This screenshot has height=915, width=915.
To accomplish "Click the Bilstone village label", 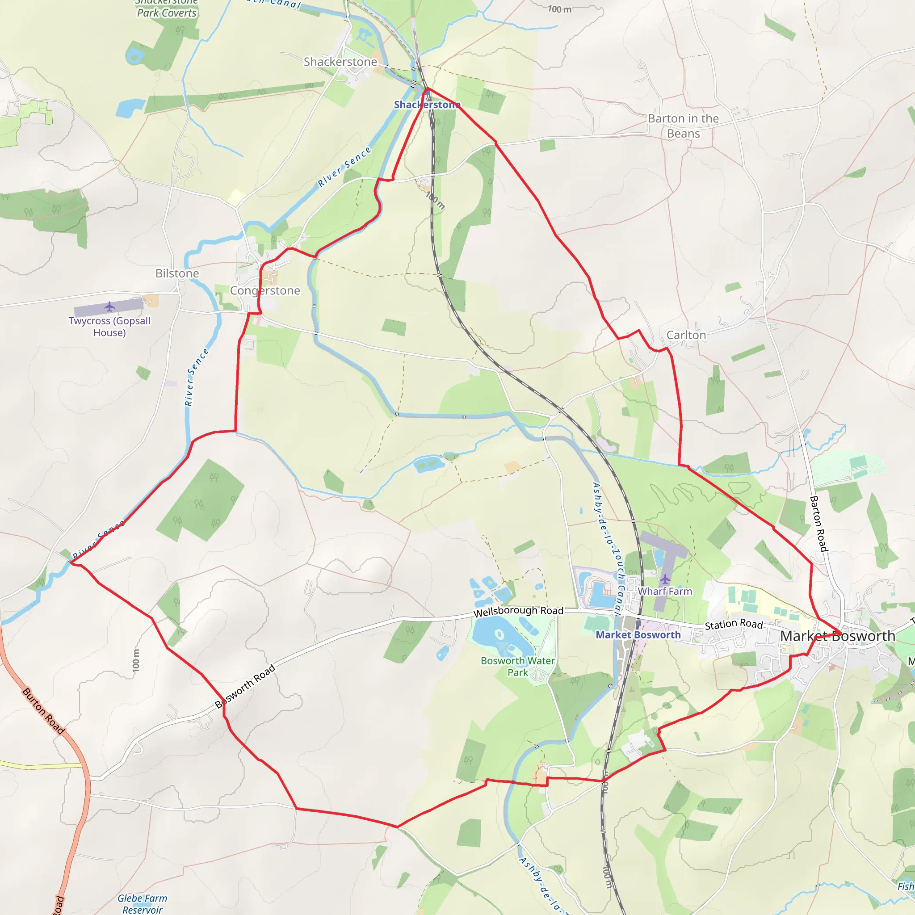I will [177, 273].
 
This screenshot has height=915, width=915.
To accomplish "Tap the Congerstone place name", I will [265, 290].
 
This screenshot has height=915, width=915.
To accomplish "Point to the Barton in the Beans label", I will [683, 126].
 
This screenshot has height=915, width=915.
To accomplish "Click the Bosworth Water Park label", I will [518, 666].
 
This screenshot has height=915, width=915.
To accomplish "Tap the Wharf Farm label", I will [664, 591].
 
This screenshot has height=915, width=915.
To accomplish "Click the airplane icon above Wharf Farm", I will [665, 579].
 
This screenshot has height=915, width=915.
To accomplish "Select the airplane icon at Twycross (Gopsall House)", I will [109, 307].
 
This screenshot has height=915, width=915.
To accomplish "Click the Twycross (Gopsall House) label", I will [109, 326].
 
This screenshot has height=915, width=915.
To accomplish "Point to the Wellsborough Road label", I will [518, 612].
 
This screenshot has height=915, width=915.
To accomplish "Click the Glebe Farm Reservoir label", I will [142, 904].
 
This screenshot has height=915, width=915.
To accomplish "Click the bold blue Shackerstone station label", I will [427, 105].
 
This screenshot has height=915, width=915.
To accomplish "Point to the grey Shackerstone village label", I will [340, 62].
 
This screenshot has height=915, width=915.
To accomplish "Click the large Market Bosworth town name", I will [837, 636].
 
